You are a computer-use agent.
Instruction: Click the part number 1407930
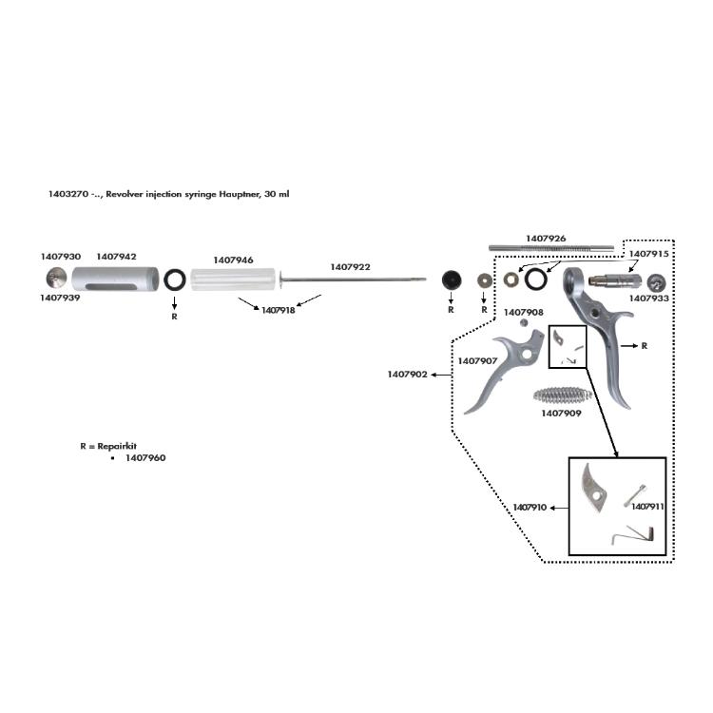[60, 257]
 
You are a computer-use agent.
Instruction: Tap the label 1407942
[116, 257]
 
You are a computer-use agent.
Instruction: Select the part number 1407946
[233, 260]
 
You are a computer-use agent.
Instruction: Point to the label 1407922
[351, 267]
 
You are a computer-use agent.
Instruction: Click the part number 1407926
[547, 238]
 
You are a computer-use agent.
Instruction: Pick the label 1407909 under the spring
[561, 414]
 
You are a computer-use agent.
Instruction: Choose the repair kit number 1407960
[145, 458]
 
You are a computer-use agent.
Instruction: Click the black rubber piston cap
[451, 280]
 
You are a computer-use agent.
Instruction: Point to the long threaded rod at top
[551, 248]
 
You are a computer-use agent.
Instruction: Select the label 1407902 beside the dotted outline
[407, 375]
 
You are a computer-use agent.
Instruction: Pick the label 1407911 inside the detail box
[646, 507]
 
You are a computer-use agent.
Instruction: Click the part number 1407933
[650, 299]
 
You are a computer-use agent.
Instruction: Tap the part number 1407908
[524, 312]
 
